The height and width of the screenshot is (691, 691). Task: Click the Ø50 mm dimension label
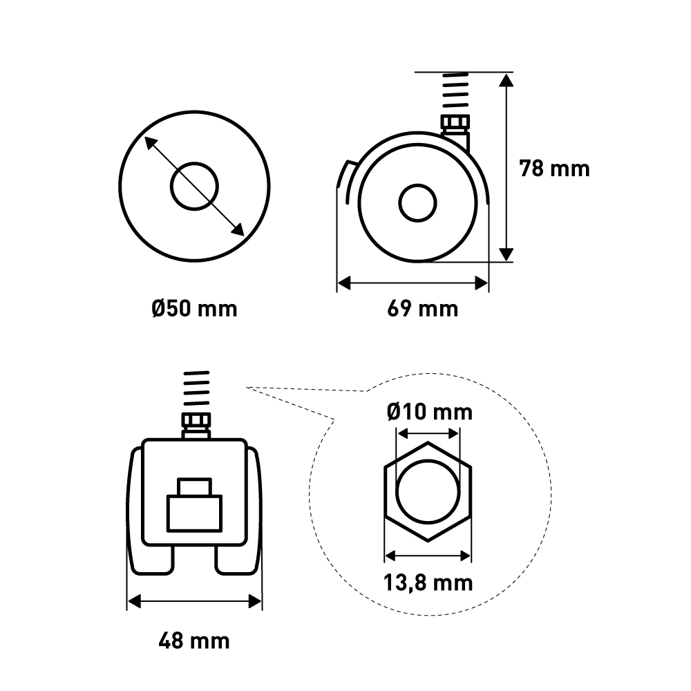click(194, 308)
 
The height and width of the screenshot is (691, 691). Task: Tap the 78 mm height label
click(554, 169)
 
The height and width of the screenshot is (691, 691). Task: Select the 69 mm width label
click(423, 308)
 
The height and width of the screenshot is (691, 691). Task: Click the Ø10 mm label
click(430, 412)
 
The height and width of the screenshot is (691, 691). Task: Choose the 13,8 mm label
click(428, 583)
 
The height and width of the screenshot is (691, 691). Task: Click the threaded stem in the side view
click(455, 91)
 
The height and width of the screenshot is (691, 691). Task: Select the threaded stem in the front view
click(196, 388)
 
